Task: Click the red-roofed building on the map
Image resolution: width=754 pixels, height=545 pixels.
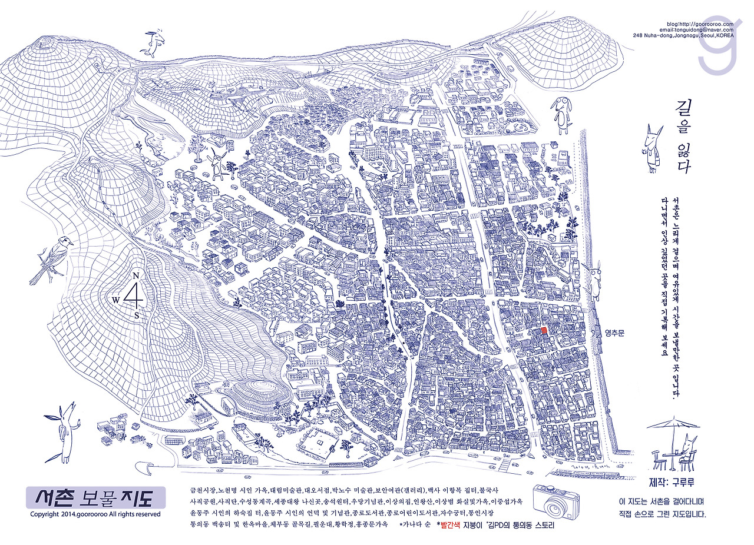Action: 544,331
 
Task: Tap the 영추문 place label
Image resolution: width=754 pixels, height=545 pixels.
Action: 613,333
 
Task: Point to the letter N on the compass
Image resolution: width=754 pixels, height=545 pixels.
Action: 136,276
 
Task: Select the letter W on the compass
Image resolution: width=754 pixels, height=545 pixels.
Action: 116,300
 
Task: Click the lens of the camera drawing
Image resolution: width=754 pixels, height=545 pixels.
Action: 554,503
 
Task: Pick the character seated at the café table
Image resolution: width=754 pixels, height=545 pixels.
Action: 687,451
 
